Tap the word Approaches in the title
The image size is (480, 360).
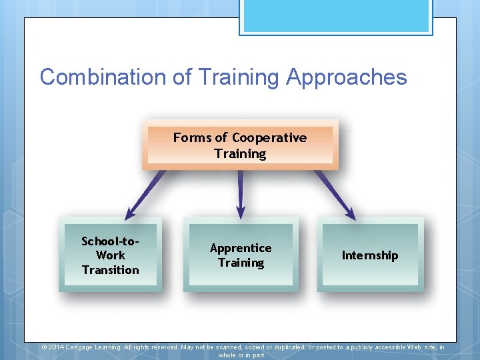pyautogui.click(x=346, y=77)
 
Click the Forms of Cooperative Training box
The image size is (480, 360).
pyautogui.click(x=240, y=145)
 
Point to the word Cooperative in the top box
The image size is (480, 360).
pyautogui.click(x=269, y=138)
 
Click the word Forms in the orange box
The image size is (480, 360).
pyautogui.click(x=191, y=138)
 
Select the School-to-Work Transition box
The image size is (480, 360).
pyautogui.click(x=110, y=255)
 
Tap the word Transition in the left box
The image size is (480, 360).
pyautogui.click(x=110, y=270)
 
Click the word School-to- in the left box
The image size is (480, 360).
pyautogui.click(x=110, y=241)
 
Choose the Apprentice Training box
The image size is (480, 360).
pyautogui.click(x=241, y=255)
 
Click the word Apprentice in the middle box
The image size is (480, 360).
pyautogui.click(x=241, y=248)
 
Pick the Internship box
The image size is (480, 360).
pyautogui.click(x=369, y=255)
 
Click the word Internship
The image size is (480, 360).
pyautogui.click(x=369, y=255)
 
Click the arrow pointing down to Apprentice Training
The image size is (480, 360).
pyautogui.click(x=241, y=193)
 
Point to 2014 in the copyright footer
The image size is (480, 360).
pyautogui.click(x=56, y=347)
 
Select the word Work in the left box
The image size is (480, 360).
pyautogui.click(x=110, y=255)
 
